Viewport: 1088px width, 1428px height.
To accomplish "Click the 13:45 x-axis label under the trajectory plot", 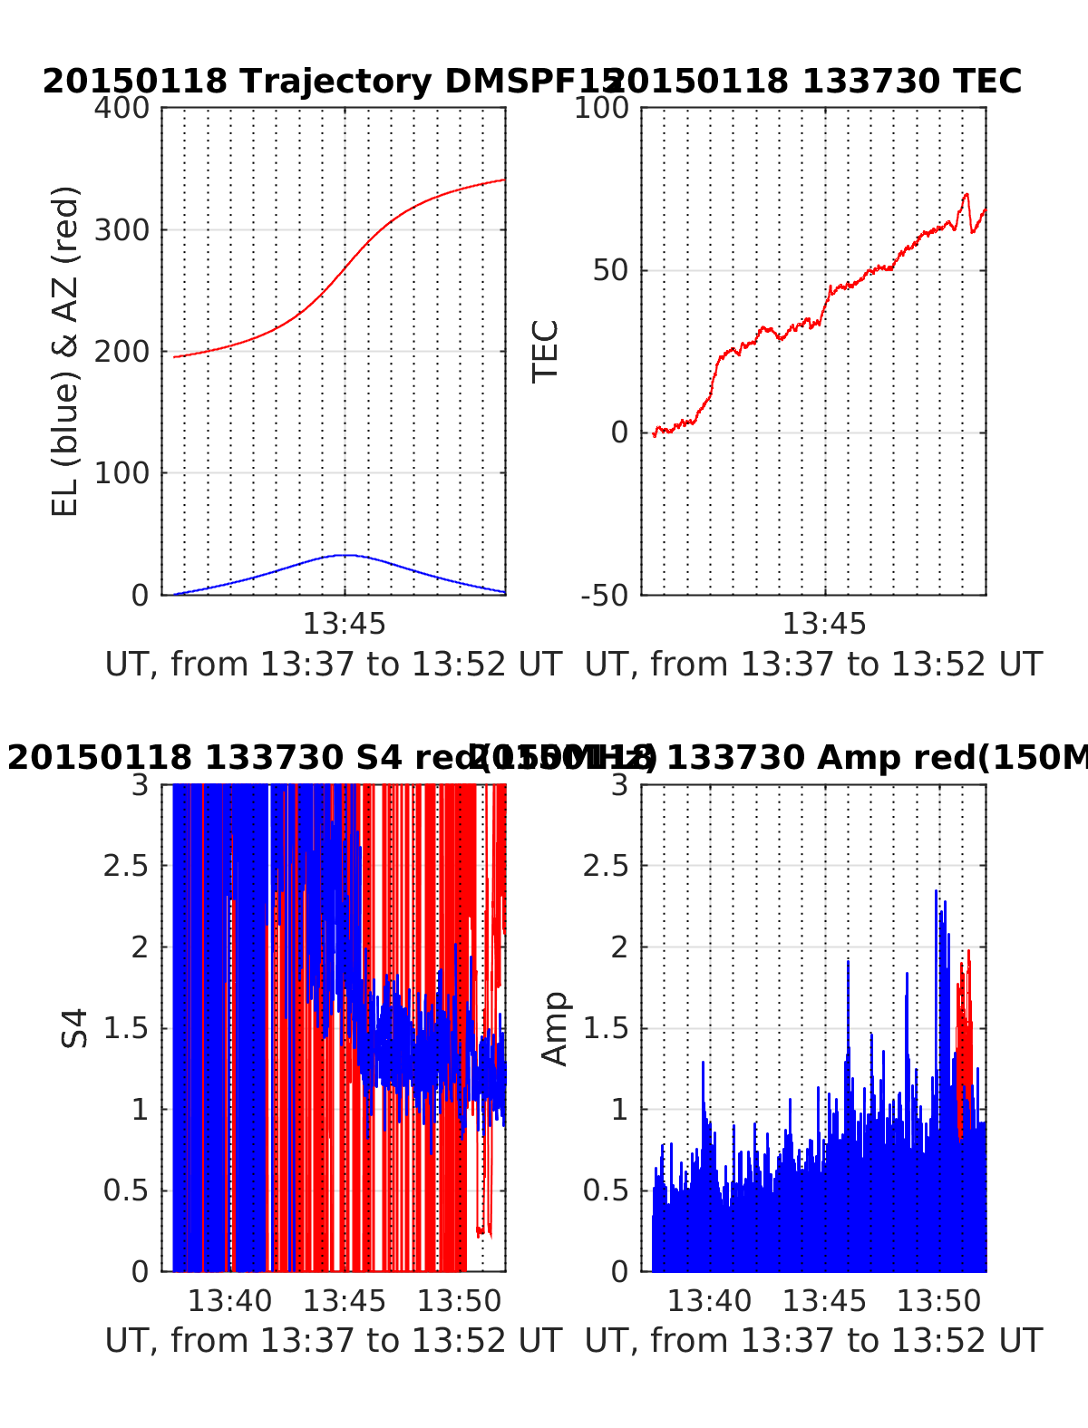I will click(344, 624).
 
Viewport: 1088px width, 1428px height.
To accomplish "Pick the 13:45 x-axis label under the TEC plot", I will click(824, 624).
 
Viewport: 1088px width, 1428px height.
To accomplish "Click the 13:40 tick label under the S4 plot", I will click(229, 1302).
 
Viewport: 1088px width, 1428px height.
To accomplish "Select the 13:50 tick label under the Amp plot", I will click(939, 1302).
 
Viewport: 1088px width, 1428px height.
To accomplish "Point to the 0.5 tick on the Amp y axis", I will click(606, 1190).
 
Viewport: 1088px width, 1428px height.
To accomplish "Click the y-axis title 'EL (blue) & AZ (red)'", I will click(65, 351).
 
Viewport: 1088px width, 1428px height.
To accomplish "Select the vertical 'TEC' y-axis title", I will click(546, 352).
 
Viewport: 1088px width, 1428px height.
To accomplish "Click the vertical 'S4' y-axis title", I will click(75, 1028).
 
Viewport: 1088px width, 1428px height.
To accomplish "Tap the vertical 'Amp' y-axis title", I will click(554, 1028).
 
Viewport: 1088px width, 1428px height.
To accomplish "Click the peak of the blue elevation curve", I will click(343, 555).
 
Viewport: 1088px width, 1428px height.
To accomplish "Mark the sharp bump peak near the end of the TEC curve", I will click(967, 194).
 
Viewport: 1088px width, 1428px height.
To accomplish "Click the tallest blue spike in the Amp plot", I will click(937, 892).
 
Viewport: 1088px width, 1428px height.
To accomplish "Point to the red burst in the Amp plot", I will click(966, 1006).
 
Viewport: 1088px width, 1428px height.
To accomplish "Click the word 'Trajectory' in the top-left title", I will click(335, 82).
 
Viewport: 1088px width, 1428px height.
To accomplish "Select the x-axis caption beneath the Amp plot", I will click(813, 1340).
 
